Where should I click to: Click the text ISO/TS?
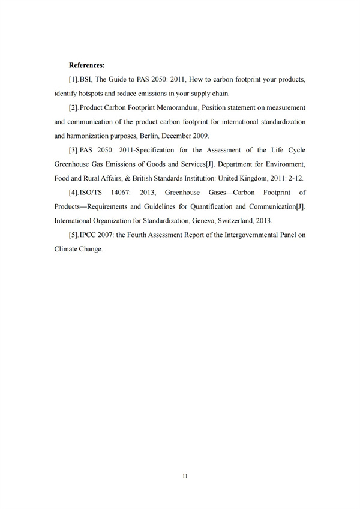tap(92, 193)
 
